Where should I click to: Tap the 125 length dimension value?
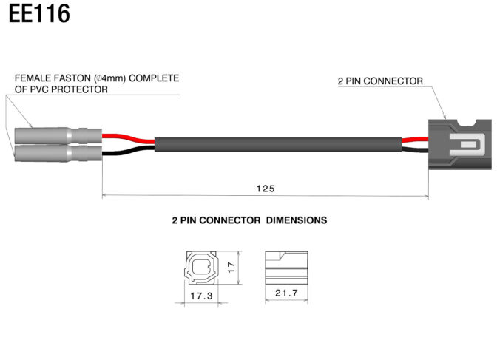tap(266, 189)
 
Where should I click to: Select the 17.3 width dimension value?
tap(202, 295)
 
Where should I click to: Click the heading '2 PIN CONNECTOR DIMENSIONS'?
tap(249, 220)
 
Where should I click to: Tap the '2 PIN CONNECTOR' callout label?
tap(380, 81)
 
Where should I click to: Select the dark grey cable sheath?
tap(277, 144)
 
